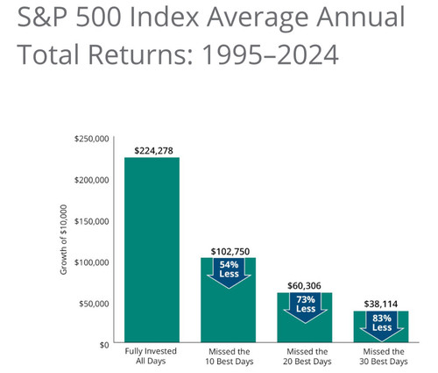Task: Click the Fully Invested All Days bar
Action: [152, 249]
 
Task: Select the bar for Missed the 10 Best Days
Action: [228, 299]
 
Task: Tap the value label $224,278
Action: [153, 151]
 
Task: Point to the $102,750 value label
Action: [230, 252]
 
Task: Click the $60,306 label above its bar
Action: [304, 286]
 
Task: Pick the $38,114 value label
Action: [381, 304]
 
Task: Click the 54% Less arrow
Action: [229, 273]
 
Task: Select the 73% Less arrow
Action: [306, 308]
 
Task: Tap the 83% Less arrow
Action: [382, 326]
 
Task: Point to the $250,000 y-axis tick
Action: [91, 139]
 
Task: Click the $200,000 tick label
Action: [91, 180]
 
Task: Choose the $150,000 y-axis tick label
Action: [91, 221]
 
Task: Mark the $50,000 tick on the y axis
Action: [94, 304]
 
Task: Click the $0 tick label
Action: [104, 345]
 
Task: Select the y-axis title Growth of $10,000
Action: [63, 240]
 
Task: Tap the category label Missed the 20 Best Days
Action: [307, 356]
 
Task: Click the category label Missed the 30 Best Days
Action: [384, 356]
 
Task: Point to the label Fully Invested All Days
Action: [151, 355]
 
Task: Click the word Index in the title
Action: [164, 17]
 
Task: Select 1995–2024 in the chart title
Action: [270, 54]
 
